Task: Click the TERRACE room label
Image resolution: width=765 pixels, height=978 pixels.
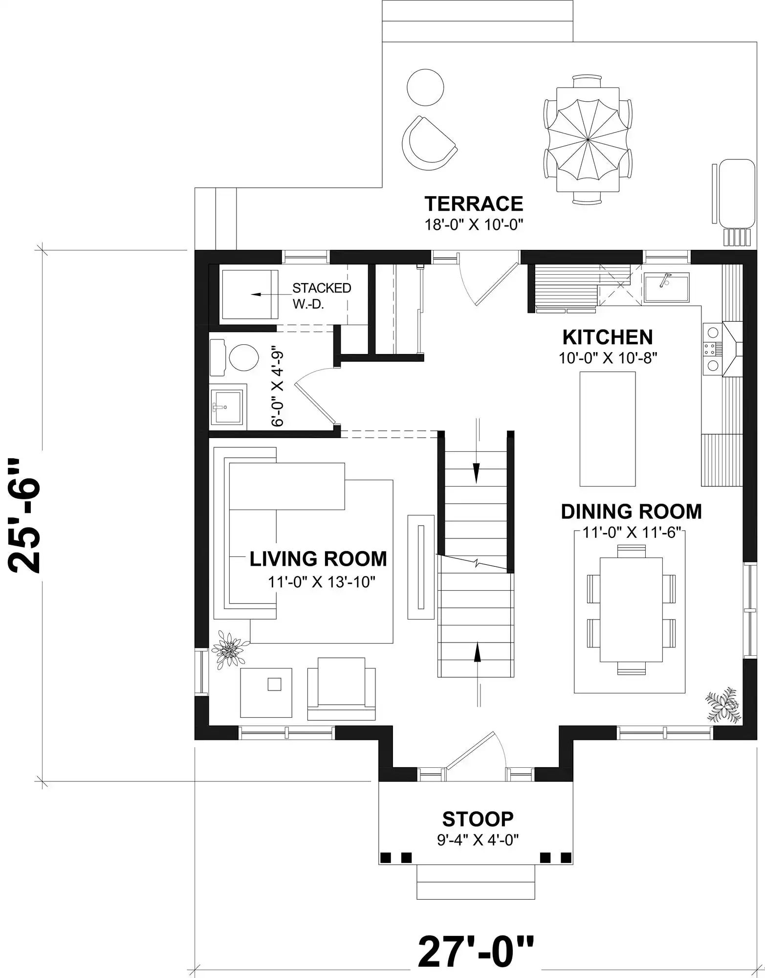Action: click(x=474, y=203)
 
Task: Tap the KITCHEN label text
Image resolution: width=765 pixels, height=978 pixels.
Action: click(x=608, y=337)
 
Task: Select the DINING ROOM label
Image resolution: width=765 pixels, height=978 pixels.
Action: click(x=631, y=511)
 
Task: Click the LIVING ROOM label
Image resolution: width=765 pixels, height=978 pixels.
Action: click(x=318, y=559)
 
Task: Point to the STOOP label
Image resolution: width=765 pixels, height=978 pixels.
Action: click(x=478, y=818)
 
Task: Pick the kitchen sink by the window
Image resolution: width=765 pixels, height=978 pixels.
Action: click(x=666, y=288)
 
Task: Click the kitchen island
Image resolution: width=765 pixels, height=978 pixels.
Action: click(x=608, y=428)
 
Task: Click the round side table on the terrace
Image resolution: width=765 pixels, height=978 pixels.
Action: click(x=425, y=87)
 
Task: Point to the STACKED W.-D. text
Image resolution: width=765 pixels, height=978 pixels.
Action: click(x=322, y=295)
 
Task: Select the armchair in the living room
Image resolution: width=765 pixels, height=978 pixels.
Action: click(x=341, y=689)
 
